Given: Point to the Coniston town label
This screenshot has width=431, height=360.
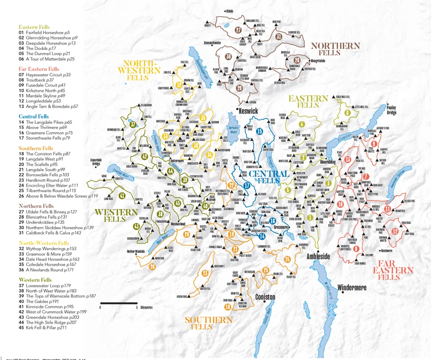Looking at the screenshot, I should pyautogui.click(x=265, y=297).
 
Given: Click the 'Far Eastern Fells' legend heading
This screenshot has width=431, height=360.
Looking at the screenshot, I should pyautogui.click(x=39, y=69).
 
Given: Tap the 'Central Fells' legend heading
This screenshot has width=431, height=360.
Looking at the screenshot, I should pyautogui.click(x=34, y=116).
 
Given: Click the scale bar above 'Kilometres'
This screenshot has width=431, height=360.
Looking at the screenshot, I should pyautogui.click(x=119, y=303).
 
